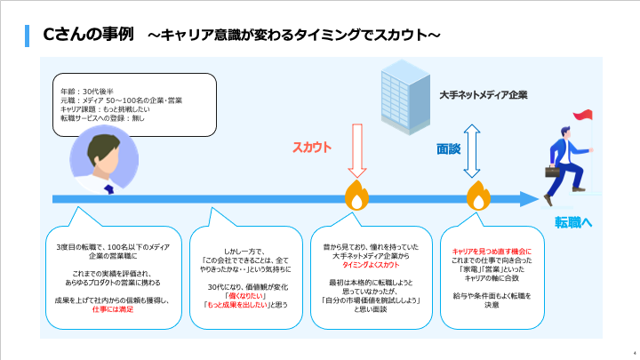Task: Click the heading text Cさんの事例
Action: pos(88,35)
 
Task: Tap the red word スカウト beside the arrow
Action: pos(313,148)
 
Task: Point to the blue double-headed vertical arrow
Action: pos(473,148)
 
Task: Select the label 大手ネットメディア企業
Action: pos(484,94)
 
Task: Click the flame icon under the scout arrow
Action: pos(356,196)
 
